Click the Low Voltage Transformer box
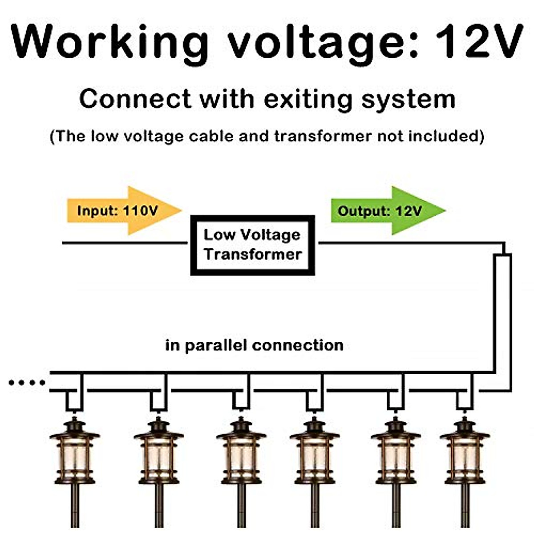(x=252, y=245)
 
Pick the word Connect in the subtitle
(x=135, y=99)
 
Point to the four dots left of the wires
(x=27, y=382)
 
